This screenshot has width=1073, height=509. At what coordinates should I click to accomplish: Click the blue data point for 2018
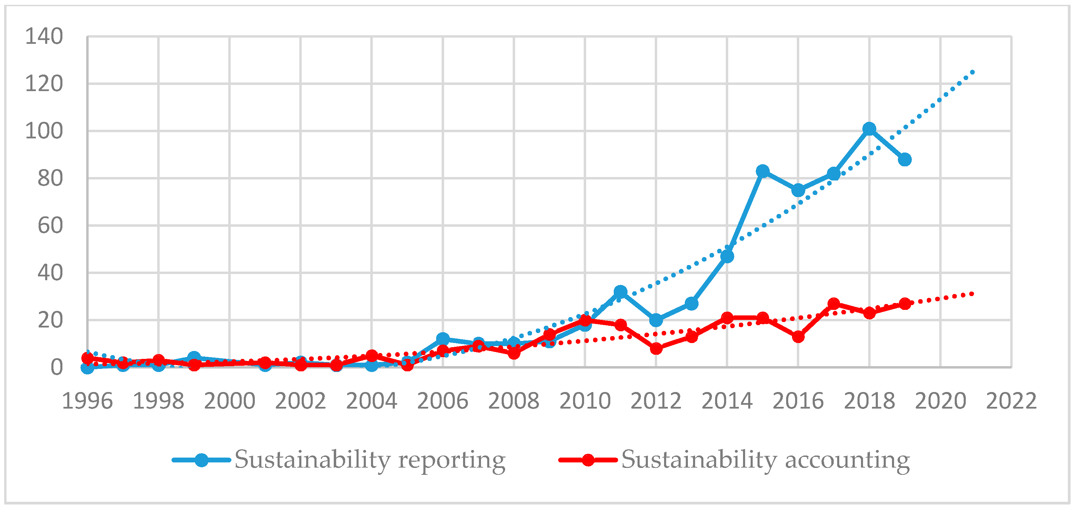pos(869,129)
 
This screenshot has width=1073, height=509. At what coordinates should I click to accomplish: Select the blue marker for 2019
pos(904,160)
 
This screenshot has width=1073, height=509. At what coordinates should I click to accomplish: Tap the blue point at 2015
pos(762,171)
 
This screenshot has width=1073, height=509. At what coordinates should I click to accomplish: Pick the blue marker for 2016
pos(798,190)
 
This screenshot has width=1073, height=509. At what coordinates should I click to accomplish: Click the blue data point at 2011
pos(620,292)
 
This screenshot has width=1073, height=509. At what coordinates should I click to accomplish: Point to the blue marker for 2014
pos(727,256)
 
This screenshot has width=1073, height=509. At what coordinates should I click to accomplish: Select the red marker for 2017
pos(833,303)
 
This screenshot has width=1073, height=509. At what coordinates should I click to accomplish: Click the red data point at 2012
pos(656,349)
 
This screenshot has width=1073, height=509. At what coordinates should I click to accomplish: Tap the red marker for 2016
pos(798,336)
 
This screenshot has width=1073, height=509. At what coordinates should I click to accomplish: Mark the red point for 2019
pos(904,303)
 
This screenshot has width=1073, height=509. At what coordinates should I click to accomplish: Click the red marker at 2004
pos(372,355)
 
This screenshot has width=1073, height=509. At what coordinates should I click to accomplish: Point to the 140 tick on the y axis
pos(44,36)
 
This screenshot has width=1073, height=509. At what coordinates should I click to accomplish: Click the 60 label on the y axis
pos(50,226)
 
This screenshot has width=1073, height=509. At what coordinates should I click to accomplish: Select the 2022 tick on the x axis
pos(1011,401)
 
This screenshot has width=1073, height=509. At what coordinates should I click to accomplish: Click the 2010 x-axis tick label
pos(584,401)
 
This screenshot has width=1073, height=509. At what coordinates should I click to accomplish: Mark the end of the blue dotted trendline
pos(973,72)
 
